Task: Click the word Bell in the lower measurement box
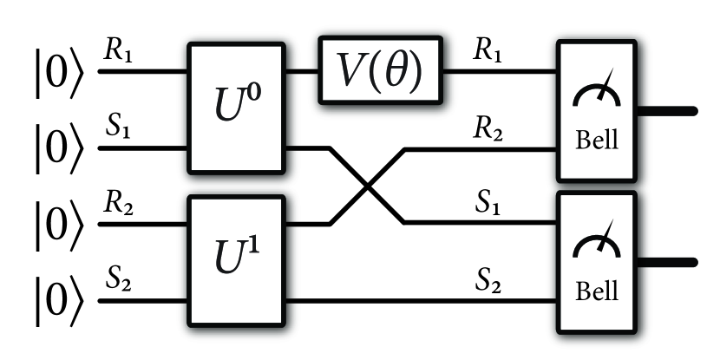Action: [x=597, y=294]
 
